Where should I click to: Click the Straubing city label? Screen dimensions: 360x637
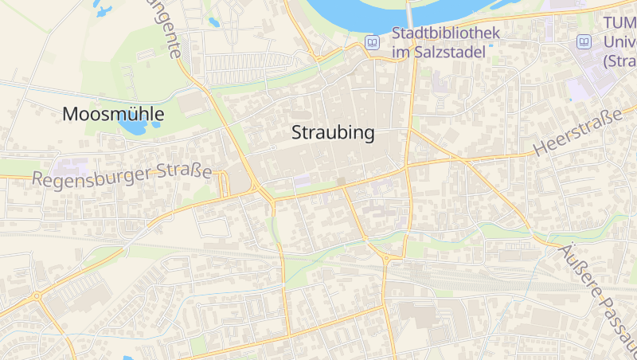pos(333,133)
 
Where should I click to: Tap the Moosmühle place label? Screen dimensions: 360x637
pos(113,115)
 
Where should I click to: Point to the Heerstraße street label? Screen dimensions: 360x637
pos(577,133)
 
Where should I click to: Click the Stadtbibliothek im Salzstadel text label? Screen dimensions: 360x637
pos(446,42)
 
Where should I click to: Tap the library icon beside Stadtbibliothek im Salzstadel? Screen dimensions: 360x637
pos(372,41)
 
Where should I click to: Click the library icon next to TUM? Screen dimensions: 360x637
pos(584,41)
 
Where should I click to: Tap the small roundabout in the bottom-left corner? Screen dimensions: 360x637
pos(37,296)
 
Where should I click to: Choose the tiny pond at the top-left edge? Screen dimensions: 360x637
pos(101,10)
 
